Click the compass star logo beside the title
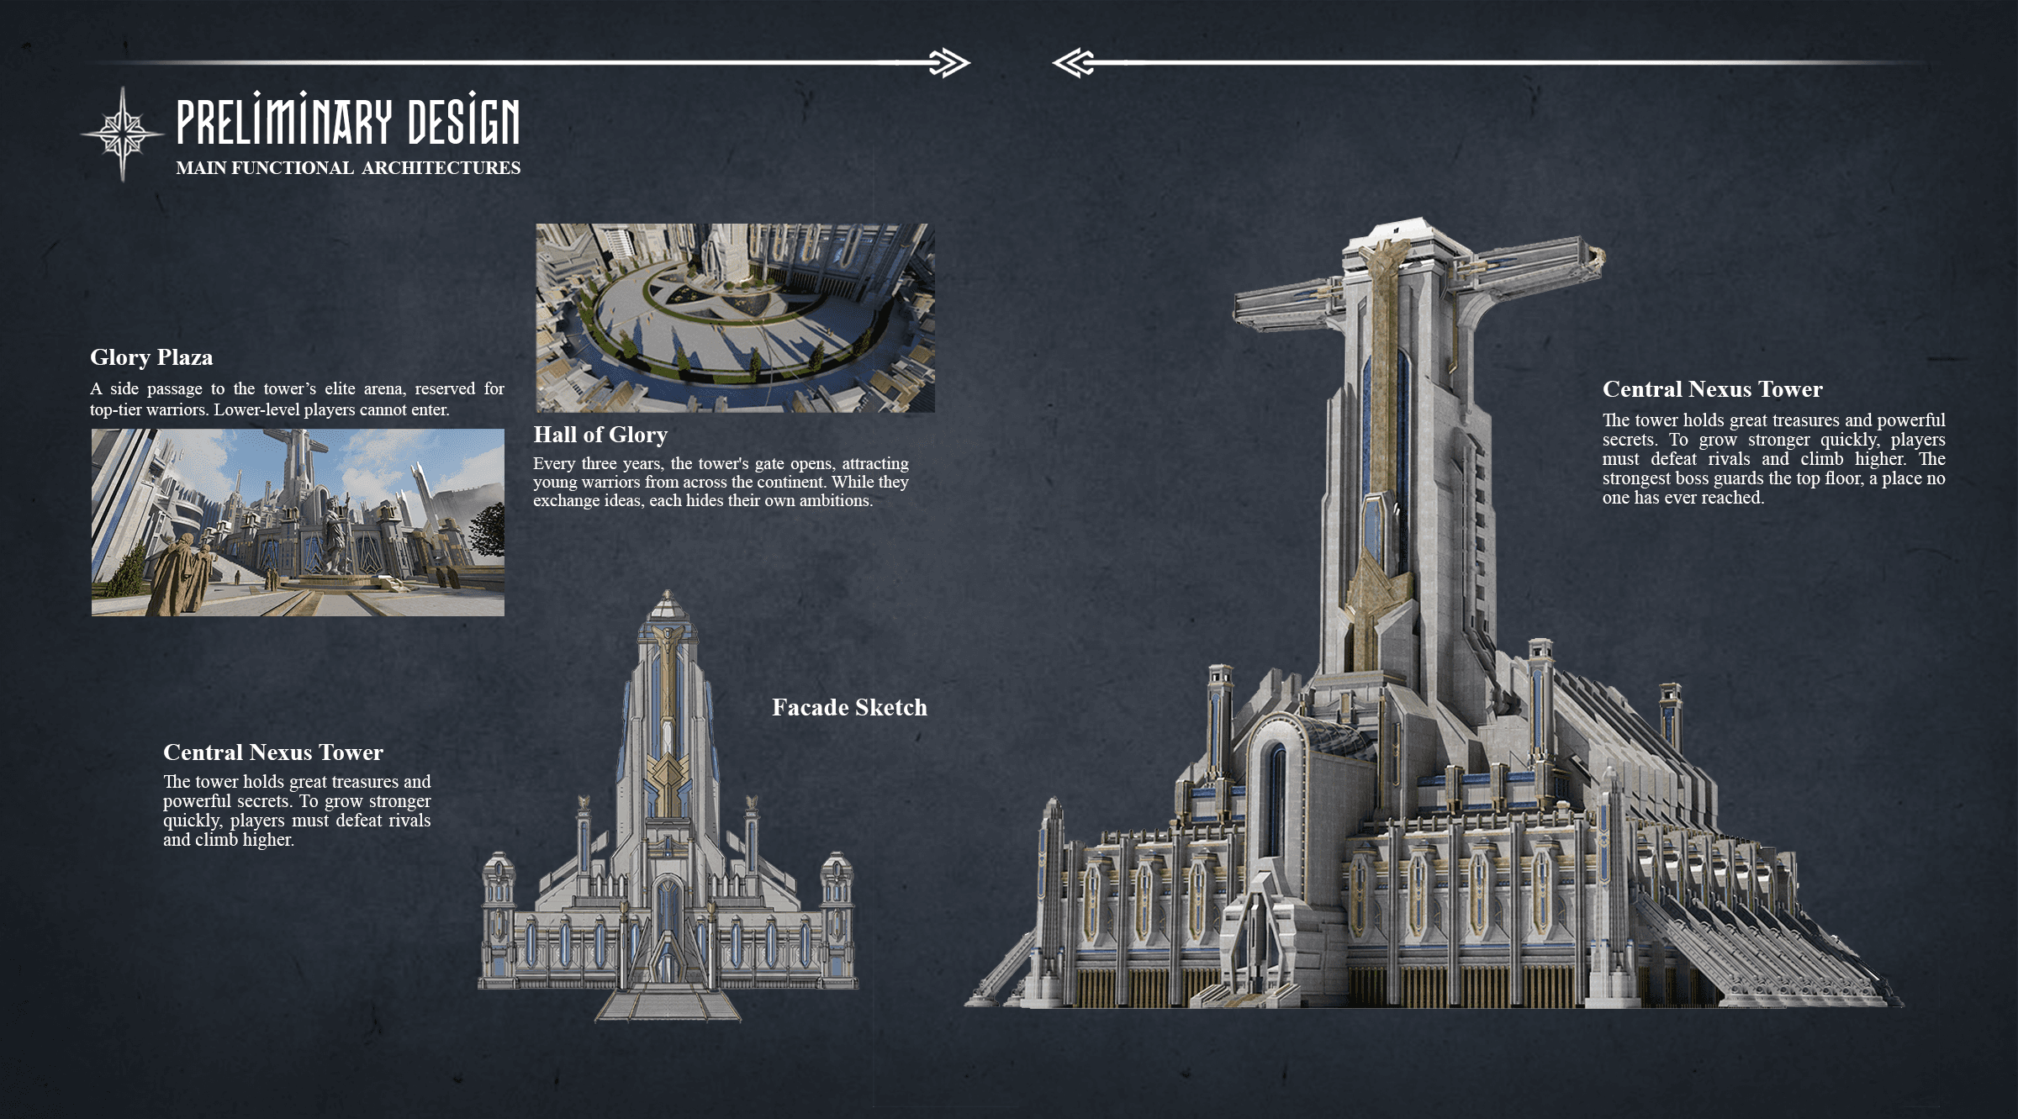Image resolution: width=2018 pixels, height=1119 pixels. coord(123,134)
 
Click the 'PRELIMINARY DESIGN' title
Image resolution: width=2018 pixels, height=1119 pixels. coord(347,121)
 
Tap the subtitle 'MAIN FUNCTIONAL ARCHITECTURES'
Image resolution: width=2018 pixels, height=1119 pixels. coord(348,168)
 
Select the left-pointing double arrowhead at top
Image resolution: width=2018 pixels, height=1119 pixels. coord(1073,63)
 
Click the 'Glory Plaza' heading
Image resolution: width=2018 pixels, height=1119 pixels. coord(151,357)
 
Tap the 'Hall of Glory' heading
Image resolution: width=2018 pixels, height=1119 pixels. coord(600,435)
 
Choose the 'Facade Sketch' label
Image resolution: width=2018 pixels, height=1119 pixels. coord(849,707)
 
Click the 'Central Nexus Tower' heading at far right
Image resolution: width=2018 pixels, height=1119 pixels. coord(1712,389)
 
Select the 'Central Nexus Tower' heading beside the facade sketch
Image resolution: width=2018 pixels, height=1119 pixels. coord(273,752)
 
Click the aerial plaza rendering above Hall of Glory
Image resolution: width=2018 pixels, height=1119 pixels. coord(735,318)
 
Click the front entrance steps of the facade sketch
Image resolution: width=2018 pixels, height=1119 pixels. coord(668,1005)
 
